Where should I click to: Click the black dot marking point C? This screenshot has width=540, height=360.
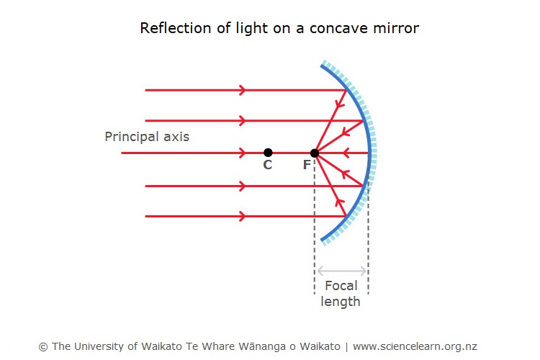pyautogui.click(x=268, y=153)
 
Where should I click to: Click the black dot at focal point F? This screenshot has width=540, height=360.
pyautogui.click(x=314, y=153)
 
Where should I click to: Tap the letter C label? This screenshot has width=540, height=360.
pyautogui.click(x=267, y=166)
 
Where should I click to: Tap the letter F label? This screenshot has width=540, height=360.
pyautogui.click(x=307, y=166)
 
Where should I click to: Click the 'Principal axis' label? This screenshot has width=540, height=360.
pyautogui.click(x=147, y=136)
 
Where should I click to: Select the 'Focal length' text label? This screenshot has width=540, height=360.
pyautogui.click(x=341, y=294)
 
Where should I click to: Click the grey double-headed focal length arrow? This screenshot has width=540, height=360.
pyautogui.click(x=341, y=271)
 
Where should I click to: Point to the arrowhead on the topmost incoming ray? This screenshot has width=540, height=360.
pyautogui.click(x=242, y=90)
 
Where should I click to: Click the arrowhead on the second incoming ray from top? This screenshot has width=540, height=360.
pyautogui.click(x=242, y=120)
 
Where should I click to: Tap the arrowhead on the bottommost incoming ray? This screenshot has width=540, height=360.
pyautogui.click(x=242, y=216)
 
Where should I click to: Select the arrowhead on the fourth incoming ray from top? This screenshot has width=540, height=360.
pyautogui.click(x=242, y=186)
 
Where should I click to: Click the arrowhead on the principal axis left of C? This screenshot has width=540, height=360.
pyautogui.click(x=242, y=153)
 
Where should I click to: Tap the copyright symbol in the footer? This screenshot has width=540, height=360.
pyautogui.click(x=43, y=346)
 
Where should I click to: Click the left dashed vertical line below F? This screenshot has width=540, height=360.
pyautogui.click(x=315, y=230)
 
